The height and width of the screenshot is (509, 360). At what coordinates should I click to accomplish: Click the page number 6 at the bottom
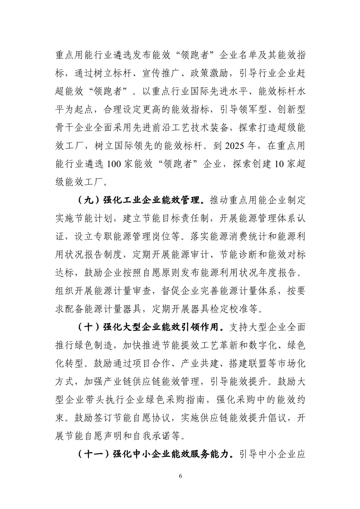pyautogui.click(x=180, y=475)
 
